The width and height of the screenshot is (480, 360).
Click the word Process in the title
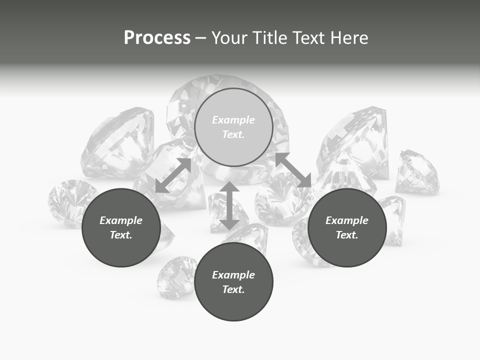click(x=157, y=38)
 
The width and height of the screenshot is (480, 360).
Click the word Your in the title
click(x=230, y=38)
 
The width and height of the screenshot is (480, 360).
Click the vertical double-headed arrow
click(x=229, y=205)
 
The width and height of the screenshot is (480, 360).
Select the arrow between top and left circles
click(x=173, y=175)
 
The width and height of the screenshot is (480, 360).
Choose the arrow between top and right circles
click(x=293, y=170)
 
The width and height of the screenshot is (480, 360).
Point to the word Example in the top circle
click(x=233, y=120)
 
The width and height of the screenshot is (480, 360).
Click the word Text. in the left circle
click(x=121, y=235)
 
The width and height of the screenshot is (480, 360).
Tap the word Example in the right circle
click(x=347, y=220)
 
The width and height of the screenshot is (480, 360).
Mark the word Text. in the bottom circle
click(x=233, y=289)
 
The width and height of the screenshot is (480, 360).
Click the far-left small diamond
click(x=70, y=202)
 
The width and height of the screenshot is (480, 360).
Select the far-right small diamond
click(x=417, y=172)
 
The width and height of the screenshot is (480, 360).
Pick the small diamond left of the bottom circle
click(x=176, y=276)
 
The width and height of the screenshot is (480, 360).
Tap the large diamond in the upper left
click(x=119, y=142)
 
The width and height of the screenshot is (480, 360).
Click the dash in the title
click(x=200, y=38)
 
